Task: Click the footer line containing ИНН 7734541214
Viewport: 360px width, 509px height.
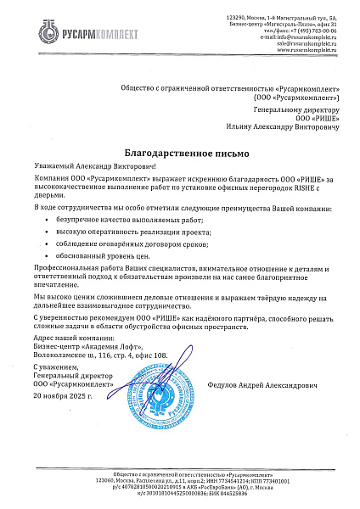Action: point(179,480)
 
